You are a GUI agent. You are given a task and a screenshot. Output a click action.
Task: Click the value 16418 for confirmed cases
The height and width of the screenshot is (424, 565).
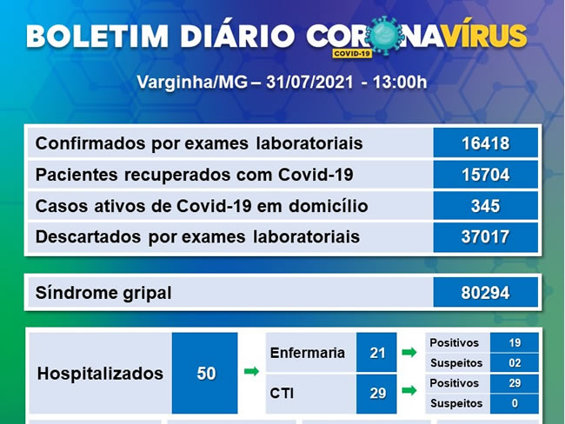(x=485, y=143)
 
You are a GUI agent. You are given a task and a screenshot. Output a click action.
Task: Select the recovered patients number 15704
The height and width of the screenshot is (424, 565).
(x=485, y=175)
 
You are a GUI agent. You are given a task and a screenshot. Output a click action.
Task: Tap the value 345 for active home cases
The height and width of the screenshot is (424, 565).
(x=485, y=206)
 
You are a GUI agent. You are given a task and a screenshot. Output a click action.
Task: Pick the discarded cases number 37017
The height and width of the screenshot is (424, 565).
(x=485, y=237)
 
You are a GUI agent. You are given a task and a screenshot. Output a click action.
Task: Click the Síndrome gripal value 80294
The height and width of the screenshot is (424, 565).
(x=485, y=293)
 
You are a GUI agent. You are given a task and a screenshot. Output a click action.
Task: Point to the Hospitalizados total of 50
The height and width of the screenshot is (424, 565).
(x=206, y=374)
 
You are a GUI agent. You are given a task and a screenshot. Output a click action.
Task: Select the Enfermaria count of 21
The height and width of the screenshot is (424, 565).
(x=377, y=353)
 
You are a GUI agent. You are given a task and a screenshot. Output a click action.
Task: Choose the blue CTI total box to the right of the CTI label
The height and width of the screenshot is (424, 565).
(x=376, y=394)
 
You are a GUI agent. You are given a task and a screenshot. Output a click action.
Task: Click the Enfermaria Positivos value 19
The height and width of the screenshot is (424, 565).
(x=515, y=342)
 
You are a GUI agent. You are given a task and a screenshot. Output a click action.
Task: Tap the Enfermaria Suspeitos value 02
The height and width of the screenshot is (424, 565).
(x=515, y=363)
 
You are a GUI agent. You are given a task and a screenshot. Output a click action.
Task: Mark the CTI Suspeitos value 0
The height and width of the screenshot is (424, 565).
(x=515, y=403)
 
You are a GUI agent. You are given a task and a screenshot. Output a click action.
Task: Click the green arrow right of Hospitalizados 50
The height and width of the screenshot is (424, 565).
(x=251, y=371)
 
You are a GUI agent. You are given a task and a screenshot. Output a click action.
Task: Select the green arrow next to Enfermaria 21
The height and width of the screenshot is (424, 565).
(x=409, y=352)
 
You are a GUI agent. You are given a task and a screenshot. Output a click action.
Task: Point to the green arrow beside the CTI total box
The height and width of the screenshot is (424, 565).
(x=409, y=390)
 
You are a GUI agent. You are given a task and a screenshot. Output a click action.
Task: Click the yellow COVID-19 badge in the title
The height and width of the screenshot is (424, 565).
(x=352, y=53)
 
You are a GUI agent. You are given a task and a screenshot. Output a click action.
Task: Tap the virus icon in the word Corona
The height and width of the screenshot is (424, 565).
(x=385, y=35)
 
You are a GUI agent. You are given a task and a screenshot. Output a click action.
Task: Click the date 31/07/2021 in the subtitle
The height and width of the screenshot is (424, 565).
(x=309, y=83)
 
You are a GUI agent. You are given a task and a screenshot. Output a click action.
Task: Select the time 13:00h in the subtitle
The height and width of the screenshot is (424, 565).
(x=400, y=83)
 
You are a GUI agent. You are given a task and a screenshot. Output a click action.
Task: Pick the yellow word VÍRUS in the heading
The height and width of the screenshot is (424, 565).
(x=485, y=35)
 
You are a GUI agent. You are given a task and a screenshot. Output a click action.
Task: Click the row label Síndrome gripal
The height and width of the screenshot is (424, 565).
(x=103, y=293)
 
